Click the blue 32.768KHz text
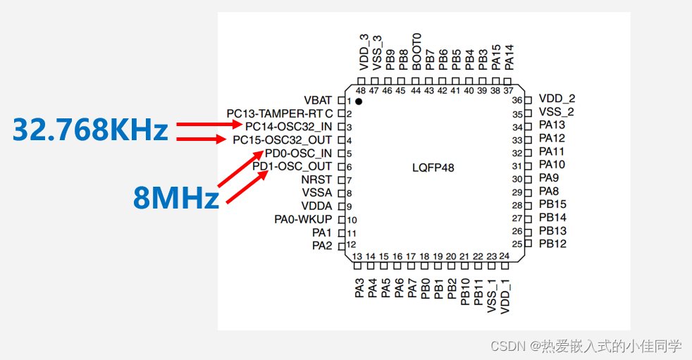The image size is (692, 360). coord(91,130)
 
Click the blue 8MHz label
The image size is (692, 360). coord(176,198)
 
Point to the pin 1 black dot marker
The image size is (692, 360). coord(359,102)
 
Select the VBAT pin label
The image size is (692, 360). coord(318,100)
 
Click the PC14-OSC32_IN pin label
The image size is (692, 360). coord(288,127)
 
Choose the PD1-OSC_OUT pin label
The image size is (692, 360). coord(292,166)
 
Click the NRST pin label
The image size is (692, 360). coord(316,180)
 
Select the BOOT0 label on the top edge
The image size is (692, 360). coord(416,51)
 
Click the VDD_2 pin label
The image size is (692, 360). coord(557,99)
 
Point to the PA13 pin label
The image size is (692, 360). coord(552,125)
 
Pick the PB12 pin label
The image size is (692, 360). coord(552,244)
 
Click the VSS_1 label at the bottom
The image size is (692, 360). coord(491,298)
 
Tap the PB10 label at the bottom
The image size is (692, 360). coord(465,292)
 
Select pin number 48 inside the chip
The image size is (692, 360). coord(361,91)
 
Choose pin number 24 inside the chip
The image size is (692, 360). coord(504,256)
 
